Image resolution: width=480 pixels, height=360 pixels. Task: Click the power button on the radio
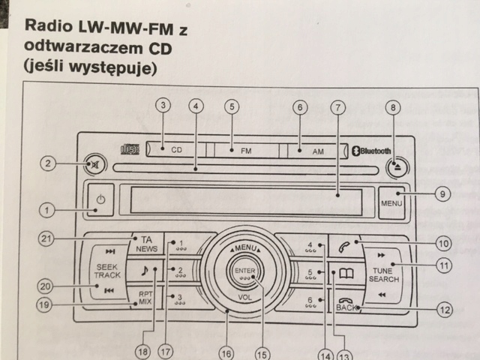click(x=100, y=200)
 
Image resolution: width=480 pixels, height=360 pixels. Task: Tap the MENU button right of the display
click(x=391, y=202)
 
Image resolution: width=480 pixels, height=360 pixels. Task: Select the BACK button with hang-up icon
click(x=346, y=303)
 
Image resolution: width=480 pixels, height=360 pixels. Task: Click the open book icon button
click(x=346, y=274)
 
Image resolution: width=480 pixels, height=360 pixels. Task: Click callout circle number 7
click(x=338, y=107)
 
